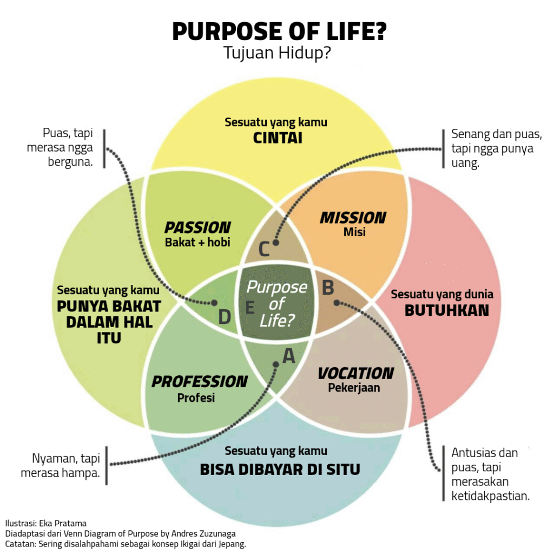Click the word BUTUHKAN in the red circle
(x=447, y=310)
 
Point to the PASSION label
(x=197, y=227)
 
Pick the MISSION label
(x=353, y=218)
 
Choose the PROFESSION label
(x=199, y=382)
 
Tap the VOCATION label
(x=355, y=373)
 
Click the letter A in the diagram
(x=289, y=356)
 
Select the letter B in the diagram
(x=328, y=288)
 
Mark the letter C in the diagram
(x=263, y=250)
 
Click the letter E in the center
(x=249, y=308)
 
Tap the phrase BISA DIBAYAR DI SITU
(x=280, y=469)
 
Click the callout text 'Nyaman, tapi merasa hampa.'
(x=60, y=465)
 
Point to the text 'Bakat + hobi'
(x=197, y=242)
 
